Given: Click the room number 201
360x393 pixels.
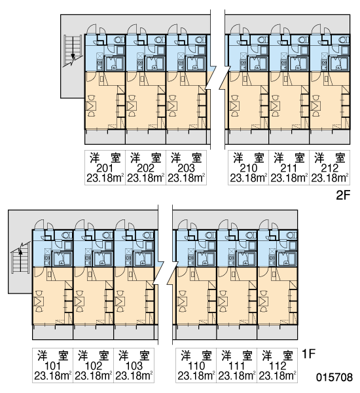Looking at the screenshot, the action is pyautogui.click(x=105, y=168).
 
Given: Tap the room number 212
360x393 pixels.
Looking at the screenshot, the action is pyautogui.click(x=330, y=168).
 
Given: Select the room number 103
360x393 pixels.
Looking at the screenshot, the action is pyautogui.click(x=134, y=366).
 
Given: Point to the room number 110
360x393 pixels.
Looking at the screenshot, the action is pyautogui.click(x=196, y=366).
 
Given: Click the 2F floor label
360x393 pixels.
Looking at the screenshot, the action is pyautogui.click(x=342, y=195).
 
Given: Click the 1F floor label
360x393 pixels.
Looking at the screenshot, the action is pyautogui.click(x=308, y=354).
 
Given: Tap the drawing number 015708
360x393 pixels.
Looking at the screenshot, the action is pyautogui.click(x=334, y=377).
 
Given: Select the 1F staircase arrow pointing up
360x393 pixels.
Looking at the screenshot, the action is pyautogui.click(x=20, y=259).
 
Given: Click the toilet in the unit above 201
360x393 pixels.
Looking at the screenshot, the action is pyautogui.click(x=119, y=39).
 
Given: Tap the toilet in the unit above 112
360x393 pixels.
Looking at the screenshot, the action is pyautogui.click(x=292, y=235).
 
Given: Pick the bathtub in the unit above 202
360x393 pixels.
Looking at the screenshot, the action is pyautogui.click(x=154, y=63).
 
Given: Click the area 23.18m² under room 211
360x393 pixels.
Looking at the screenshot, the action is pyautogui.click(x=289, y=178).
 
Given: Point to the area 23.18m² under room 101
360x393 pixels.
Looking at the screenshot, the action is pyautogui.click(x=52, y=376).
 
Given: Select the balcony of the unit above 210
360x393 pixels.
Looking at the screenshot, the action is pyautogui.click(x=248, y=137).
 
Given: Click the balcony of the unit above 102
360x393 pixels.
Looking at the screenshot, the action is pyautogui.click(x=94, y=332).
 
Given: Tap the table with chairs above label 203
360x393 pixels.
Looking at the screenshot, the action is pyautogui.click(x=173, y=105).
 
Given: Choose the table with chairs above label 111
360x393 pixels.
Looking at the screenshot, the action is pyautogui.click(x=223, y=301).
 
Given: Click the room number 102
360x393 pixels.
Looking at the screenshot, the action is pyautogui.click(x=93, y=366).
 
